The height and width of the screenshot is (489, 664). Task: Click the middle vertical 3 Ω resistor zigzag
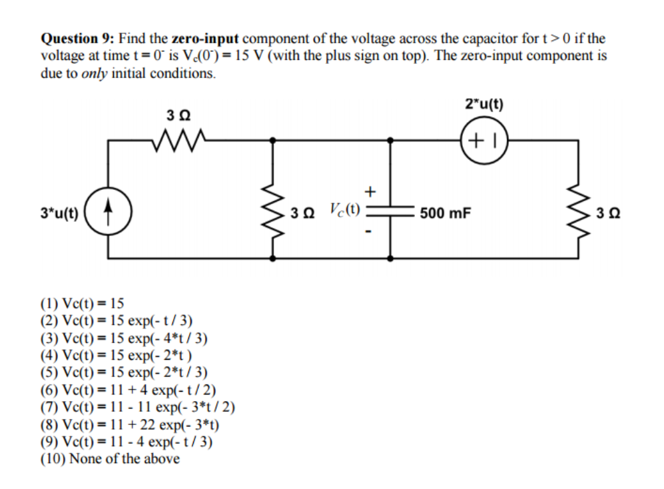pyautogui.click(x=272, y=215)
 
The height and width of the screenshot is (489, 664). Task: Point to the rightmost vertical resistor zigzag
pyautogui.click(x=578, y=215)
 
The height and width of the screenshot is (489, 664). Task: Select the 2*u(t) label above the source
pyautogui.click(x=484, y=104)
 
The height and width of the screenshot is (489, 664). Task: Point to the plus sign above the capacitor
pyautogui.click(x=371, y=191)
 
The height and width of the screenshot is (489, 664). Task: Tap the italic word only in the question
pyautogui.click(x=94, y=73)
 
